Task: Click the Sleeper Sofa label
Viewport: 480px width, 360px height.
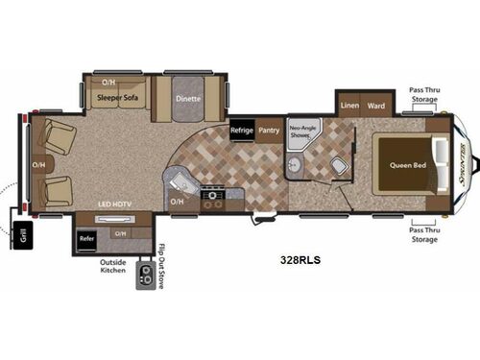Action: coord(118,98)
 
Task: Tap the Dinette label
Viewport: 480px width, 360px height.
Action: coord(186,98)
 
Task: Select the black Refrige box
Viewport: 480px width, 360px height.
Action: coord(241,130)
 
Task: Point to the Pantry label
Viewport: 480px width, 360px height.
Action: coord(269,130)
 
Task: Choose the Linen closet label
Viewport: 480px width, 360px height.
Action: coord(348,106)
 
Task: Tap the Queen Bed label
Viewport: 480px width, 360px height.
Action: coord(408,164)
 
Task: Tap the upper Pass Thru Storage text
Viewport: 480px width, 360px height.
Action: coord(424,94)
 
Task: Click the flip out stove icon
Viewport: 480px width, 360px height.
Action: coord(145,276)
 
